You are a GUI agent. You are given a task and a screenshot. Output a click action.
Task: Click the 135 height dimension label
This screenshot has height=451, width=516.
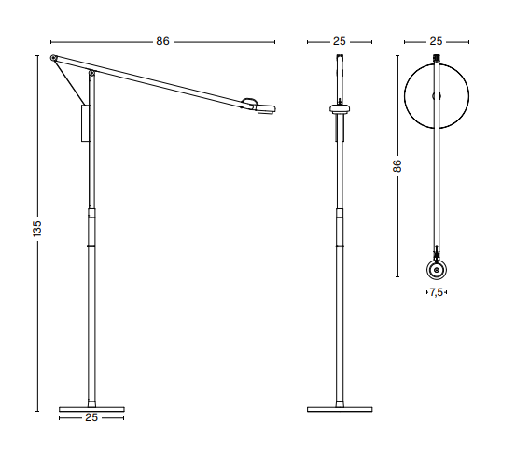[x=37, y=229]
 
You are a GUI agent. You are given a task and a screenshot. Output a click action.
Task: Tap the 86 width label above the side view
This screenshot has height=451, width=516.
[x=162, y=41]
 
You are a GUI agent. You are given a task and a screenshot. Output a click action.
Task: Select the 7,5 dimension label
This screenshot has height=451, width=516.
[x=437, y=292]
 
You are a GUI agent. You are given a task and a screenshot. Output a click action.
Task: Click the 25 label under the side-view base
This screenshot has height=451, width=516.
[x=91, y=417]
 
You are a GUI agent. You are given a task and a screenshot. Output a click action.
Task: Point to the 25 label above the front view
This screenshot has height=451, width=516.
[x=340, y=41]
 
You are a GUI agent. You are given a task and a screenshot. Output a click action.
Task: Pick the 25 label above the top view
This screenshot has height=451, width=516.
[x=436, y=41]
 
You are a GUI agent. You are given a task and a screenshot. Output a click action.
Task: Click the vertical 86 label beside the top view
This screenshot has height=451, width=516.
[x=397, y=166]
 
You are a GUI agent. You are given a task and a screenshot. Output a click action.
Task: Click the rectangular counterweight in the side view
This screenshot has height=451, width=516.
[x=85, y=123]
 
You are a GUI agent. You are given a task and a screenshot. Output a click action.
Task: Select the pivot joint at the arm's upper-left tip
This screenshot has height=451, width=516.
[x=53, y=58]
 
